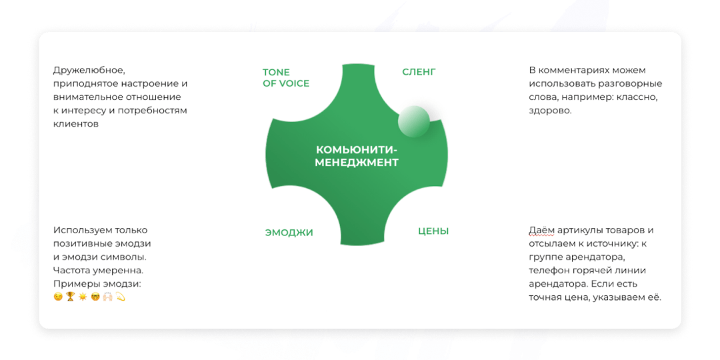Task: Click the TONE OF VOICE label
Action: [285, 77]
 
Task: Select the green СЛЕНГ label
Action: [419, 72]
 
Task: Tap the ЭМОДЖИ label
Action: [289, 233]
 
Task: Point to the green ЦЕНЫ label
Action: [433, 231]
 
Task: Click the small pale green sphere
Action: [414, 121]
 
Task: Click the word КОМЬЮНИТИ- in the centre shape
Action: [356, 149]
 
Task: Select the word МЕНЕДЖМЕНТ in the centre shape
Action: [356, 162]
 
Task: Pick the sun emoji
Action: [83, 297]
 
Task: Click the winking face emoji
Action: [59, 297]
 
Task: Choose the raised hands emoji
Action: [108, 297]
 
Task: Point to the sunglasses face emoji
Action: [96, 297]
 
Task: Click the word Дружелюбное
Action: [89, 70]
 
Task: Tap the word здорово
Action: [550, 111]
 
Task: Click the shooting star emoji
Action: [121, 297]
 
